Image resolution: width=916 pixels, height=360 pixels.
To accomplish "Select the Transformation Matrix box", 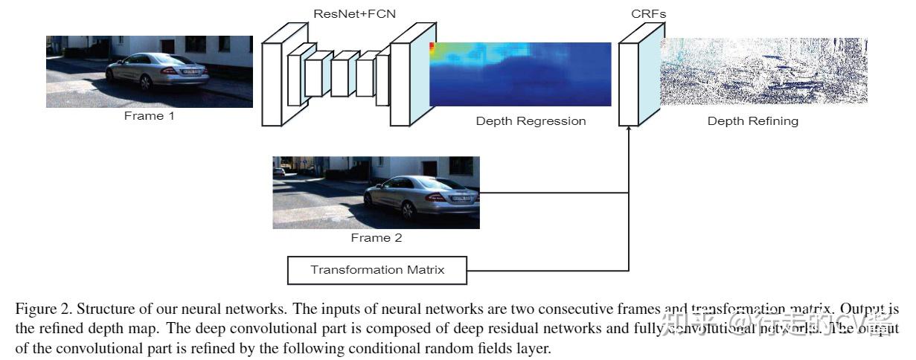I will tap(377, 270).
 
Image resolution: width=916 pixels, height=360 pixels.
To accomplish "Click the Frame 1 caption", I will tap(149, 116).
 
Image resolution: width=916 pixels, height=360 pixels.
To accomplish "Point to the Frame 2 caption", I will tap(376, 238).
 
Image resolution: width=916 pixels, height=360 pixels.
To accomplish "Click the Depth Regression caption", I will tap(531, 120).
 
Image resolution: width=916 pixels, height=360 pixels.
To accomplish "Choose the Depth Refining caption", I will tap(752, 120).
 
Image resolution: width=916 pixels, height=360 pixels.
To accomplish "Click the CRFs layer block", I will tap(630, 83).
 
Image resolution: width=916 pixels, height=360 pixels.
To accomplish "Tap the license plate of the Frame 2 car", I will tap(461, 197).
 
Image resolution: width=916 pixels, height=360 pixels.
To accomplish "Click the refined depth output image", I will tap(763, 71).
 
